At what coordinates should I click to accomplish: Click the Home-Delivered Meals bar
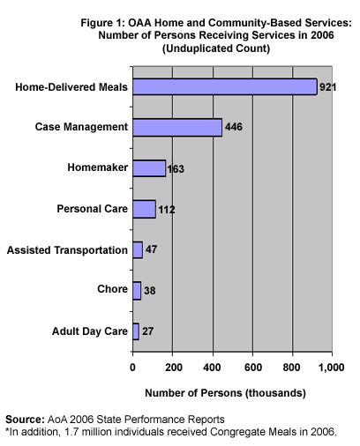pyautogui.click(x=225, y=86)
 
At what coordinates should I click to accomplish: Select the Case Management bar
pyautogui.click(x=177, y=128)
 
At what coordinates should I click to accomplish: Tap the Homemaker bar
pyautogui.click(x=149, y=168)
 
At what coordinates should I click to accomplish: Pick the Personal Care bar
pyautogui.click(x=144, y=209)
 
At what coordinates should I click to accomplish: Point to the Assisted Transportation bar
pyautogui.click(x=138, y=250)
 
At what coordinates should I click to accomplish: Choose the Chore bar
pyautogui.click(x=137, y=291)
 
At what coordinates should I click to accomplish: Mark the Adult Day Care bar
pyautogui.click(x=136, y=331)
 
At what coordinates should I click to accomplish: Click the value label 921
pyautogui.click(x=327, y=87)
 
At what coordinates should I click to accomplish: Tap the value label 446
pyautogui.click(x=234, y=127)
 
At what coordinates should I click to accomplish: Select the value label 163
pyautogui.click(x=176, y=169)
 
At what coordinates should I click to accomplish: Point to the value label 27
pyautogui.click(x=148, y=331)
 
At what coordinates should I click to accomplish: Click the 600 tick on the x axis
pyautogui.click(x=253, y=368)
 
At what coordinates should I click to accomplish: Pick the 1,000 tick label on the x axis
pyautogui.click(x=332, y=368)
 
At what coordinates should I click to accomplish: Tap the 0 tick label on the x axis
pyautogui.click(x=132, y=368)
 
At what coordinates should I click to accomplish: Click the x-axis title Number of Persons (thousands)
pyautogui.click(x=225, y=393)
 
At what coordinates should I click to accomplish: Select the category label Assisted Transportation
pyautogui.click(x=67, y=250)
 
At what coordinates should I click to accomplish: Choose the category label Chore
pyautogui.click(x=112, y=289)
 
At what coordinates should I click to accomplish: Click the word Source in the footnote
pyautogui.click(x=25, y=420)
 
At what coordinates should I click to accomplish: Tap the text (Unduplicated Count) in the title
pyautogui.click(x=216, y=48)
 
